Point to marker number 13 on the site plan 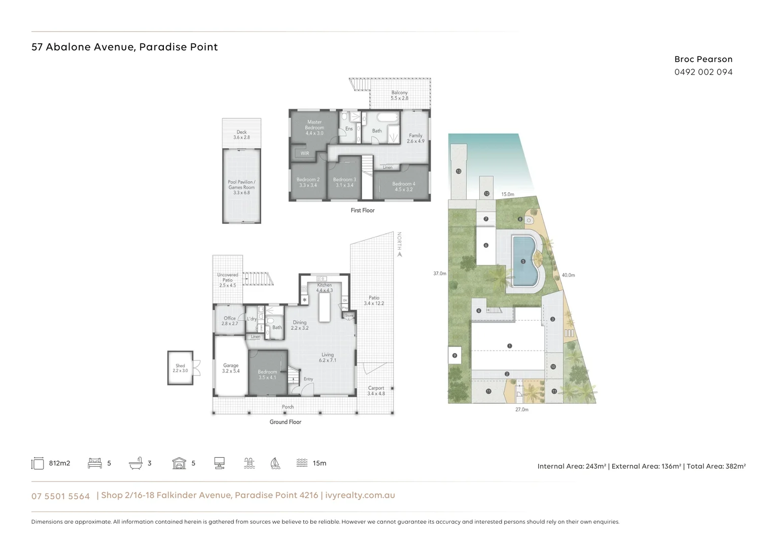pos(459,172)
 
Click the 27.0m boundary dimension pos(521,409)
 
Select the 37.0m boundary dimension pos(440,273)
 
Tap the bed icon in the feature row pos(95,463)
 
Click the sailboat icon pos(275,463)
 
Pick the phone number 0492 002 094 pos(703,72)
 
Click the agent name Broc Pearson pos(703,59)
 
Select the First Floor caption pos(362,210)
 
